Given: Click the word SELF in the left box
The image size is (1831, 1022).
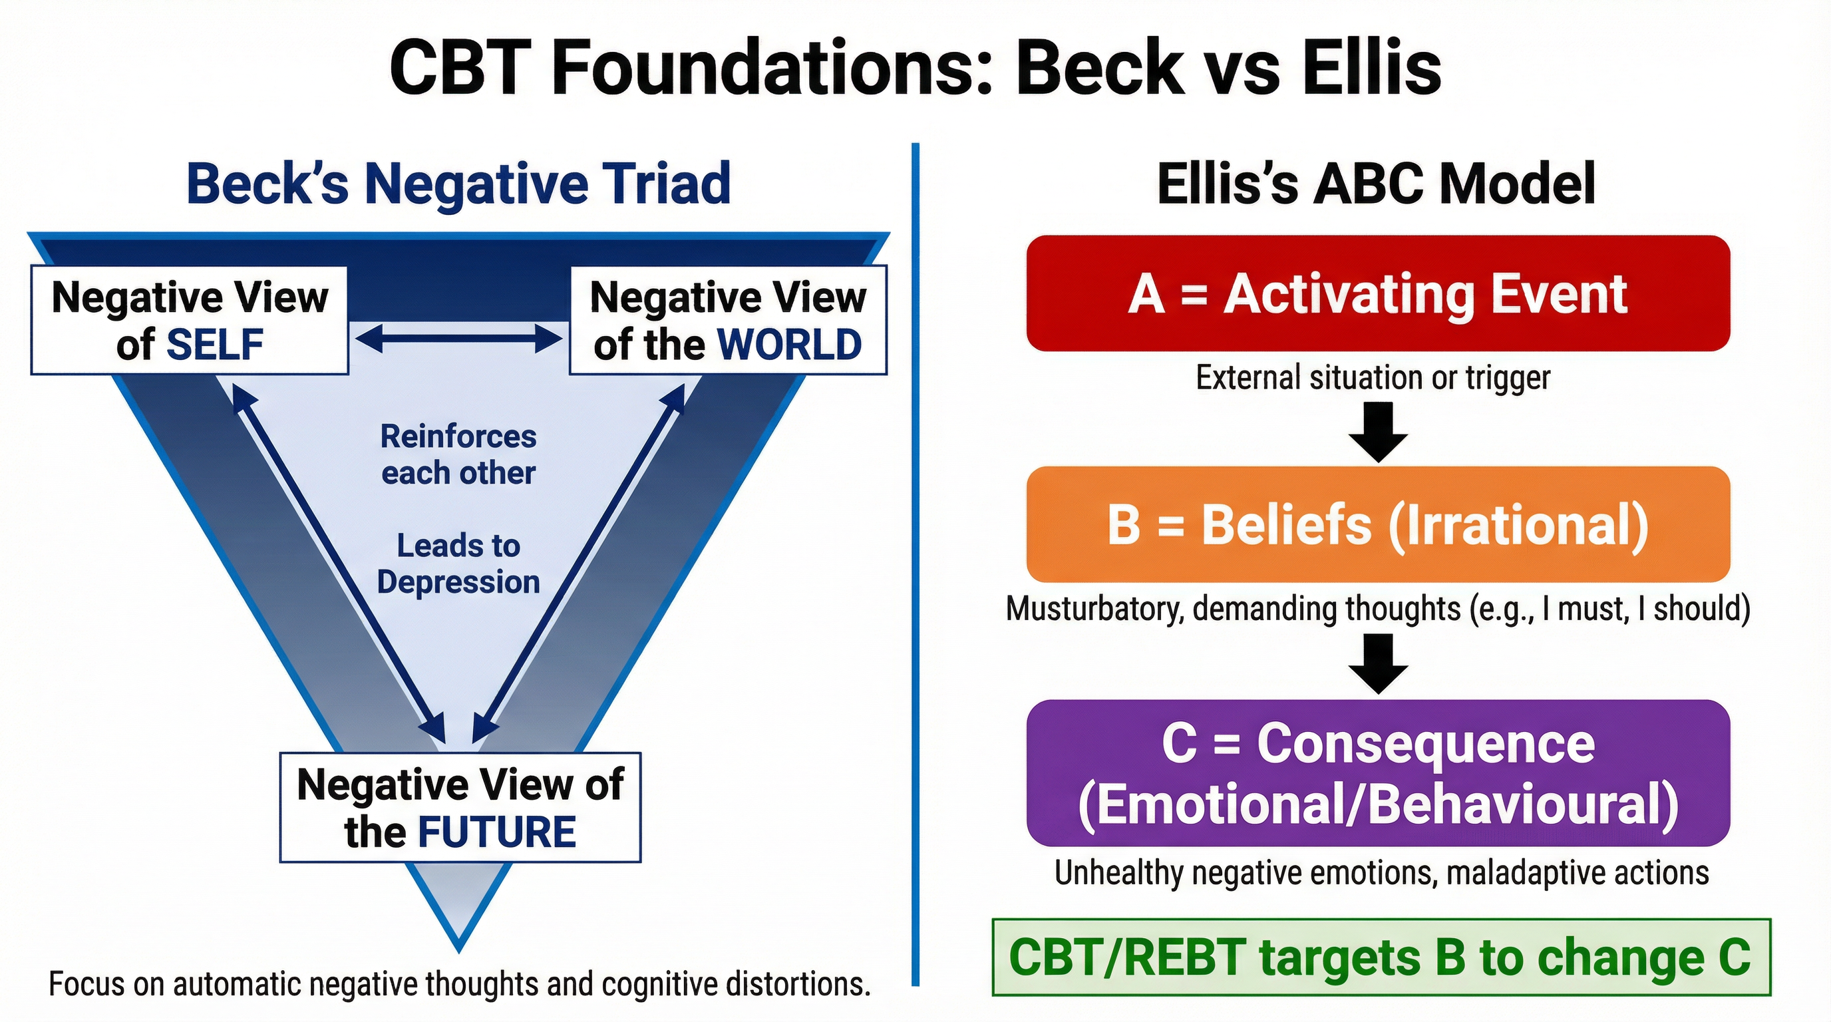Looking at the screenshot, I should point(215,345).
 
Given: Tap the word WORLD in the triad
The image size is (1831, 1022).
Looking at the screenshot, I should point(789,345).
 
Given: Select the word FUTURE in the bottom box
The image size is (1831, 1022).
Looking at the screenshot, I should point(496,832).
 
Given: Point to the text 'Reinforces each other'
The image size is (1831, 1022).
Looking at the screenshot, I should point(458,455).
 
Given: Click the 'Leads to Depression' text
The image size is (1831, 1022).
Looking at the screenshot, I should point(458,564).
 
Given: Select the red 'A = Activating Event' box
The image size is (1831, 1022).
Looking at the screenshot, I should point(1377,293).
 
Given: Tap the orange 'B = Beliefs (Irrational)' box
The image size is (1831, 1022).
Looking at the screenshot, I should point(1377,524).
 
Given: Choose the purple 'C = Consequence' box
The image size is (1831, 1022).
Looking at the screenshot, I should point(1377,773).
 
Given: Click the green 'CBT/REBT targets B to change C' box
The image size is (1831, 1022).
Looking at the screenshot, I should point(1381,957).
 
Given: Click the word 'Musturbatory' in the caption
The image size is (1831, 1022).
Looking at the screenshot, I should point(1094,609).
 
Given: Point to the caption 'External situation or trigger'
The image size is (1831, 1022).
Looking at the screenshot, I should point(1373,377).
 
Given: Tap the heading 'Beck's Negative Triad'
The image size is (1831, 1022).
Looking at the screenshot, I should point(458,184).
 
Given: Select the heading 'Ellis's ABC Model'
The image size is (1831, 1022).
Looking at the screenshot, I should point(1376,184).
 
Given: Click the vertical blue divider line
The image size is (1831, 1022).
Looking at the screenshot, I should point(916,569).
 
